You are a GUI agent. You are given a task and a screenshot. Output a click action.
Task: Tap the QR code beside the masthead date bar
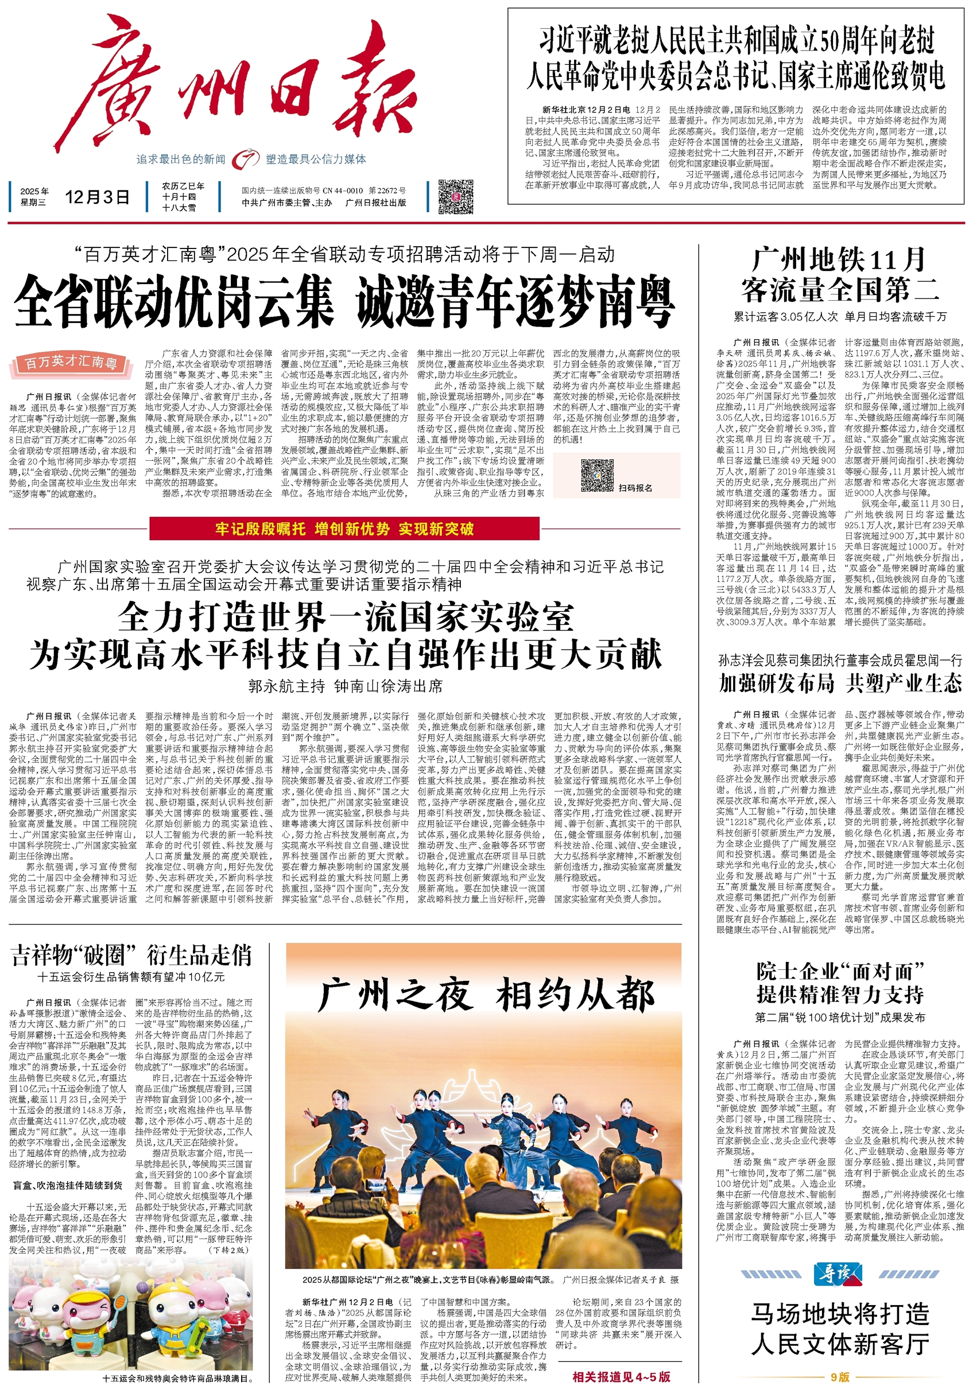pos(455,196)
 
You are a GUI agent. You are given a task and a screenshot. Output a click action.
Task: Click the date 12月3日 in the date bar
pos(97,197)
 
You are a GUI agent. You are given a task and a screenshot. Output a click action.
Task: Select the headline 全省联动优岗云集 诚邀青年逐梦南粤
pos(344,301)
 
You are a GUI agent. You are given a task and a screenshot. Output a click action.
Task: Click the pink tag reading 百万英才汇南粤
pos(71,362)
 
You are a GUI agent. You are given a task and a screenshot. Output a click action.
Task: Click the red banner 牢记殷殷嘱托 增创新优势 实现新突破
pos(344,529)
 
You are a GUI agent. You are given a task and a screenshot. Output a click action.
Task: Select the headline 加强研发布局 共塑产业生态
pos(840,683)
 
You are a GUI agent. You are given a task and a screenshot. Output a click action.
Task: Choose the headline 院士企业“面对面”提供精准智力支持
pos(840,983)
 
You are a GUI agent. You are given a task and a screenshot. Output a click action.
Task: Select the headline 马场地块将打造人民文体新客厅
pos(840,1330)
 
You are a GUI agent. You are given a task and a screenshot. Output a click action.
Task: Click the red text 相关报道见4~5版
pos(621,1376)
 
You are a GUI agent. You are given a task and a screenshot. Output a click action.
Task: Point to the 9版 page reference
pos(840,1377)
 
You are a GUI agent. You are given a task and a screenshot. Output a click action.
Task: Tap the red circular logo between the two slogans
pos(245,159)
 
